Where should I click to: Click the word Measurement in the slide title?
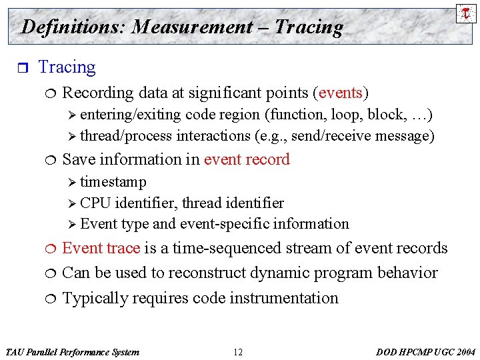[192, 27]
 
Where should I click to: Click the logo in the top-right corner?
[466, 13]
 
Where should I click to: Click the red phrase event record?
[247, 159]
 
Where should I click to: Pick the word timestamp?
[113, 182]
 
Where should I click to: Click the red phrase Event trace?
[101, 248]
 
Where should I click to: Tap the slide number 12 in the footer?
[239, 352]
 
